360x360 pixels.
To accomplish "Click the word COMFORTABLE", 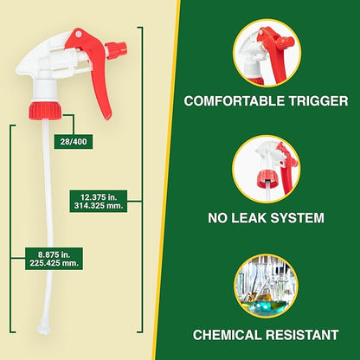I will tap(235, 100).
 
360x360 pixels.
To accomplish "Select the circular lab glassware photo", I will tap(267, 285).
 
